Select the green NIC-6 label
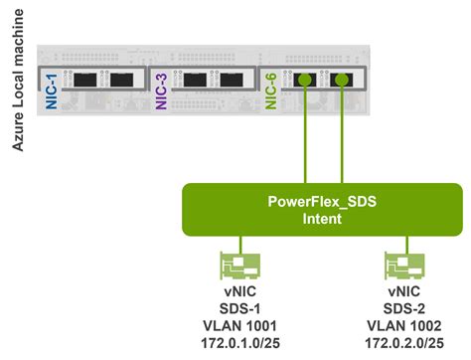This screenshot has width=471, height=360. pyautogui.click(x=262, y=90)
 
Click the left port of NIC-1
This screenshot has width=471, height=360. pyautogui.click(x=82, y=81)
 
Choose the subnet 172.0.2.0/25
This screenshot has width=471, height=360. pyautogui.click(x=402, y=344)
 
